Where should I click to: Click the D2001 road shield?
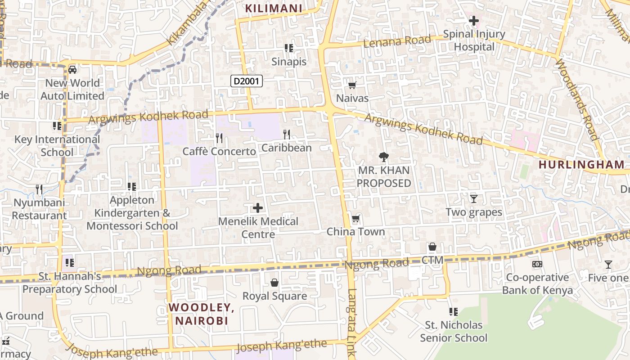click(x=246, y=81)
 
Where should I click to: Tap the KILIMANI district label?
click(x=273, y=8)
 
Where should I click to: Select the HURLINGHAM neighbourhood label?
click(x=581, y=165)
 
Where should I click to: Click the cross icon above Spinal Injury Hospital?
click(x=473, y=21)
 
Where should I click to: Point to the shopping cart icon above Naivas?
click(x=352, y=85)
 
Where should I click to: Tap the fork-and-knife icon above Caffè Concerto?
click(x=219, y=137)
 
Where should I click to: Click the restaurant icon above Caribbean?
click(x=286, y=134)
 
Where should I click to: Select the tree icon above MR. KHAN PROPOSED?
click(x=383, y=157)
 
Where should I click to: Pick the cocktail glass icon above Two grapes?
click(x=473, y=198)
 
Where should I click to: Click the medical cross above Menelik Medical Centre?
click(x=258, y=208)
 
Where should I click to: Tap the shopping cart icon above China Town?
click(x=355, y=219)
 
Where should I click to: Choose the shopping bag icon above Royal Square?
click(x=274, y=283)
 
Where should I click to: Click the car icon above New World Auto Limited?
click(x=72, y=70)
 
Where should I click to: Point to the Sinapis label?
click(x=289, y=62)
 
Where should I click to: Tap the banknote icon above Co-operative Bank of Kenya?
click(x=537, y=264)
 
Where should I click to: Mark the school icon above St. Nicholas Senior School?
click(x=454, y=311)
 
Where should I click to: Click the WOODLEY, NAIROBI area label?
click(x=201, y=314)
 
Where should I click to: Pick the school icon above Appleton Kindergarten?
click(x=132, y=186)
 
